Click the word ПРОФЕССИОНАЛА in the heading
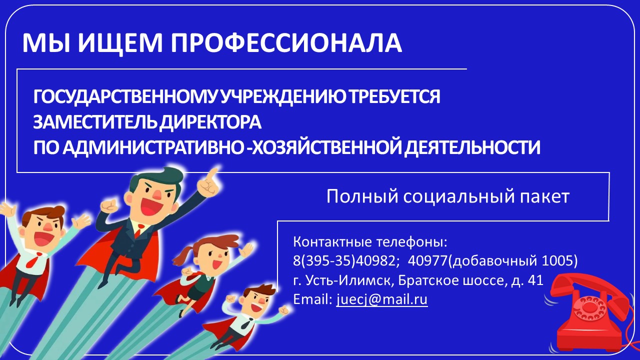click(286, 43)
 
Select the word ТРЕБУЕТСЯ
click(395, 97)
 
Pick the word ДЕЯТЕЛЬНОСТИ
click(472, 147)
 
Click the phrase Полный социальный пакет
click(447, 197)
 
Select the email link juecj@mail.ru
click(381, 299)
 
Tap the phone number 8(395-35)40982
click(344, 260)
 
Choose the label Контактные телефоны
click(369, 242)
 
